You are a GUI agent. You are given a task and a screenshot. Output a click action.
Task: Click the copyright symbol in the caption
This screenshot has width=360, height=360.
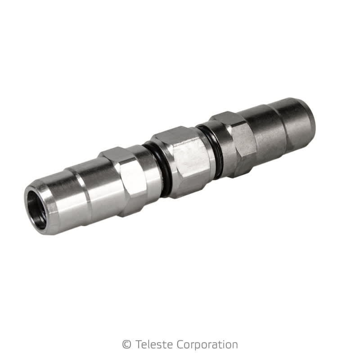(126, 345)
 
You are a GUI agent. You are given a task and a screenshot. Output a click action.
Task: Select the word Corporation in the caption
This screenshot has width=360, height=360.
(207, 345)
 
